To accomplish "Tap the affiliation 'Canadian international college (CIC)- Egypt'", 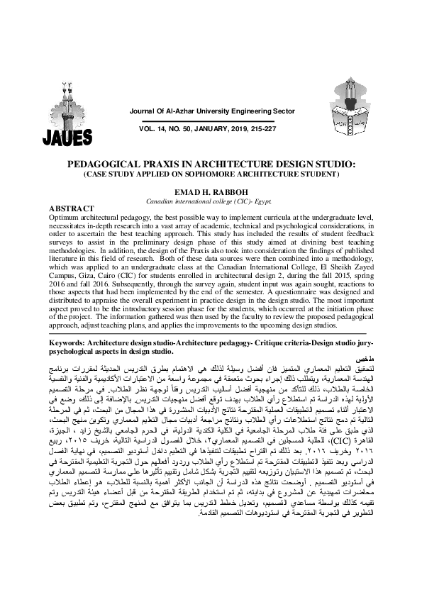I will [x=211, y=201].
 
